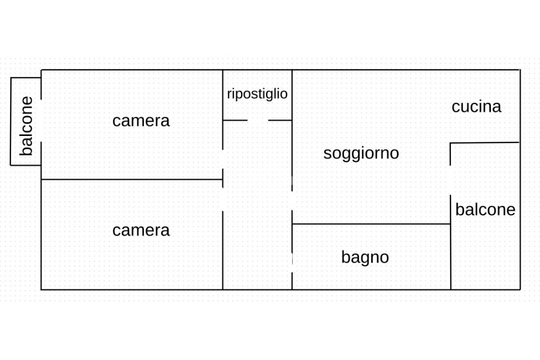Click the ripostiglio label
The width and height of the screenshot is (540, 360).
257,94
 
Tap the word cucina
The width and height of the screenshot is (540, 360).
476,106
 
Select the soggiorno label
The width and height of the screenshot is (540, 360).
361,153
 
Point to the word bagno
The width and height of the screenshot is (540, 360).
365,257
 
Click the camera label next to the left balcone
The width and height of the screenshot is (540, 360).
141,121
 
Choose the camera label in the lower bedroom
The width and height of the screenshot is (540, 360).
141,230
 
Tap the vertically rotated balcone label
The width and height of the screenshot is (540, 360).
26,126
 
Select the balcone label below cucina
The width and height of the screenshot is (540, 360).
485,210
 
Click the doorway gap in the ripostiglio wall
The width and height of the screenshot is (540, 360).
257,121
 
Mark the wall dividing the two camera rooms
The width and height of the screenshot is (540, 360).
132,179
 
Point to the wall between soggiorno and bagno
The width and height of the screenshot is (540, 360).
371,224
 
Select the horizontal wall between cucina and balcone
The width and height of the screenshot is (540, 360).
485,143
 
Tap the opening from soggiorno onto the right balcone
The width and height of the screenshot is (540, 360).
450,180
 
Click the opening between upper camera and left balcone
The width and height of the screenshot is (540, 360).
41,121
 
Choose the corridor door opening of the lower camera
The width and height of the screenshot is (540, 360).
223,200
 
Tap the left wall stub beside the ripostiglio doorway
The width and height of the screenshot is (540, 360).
235,121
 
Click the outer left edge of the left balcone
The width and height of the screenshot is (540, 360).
11,121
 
